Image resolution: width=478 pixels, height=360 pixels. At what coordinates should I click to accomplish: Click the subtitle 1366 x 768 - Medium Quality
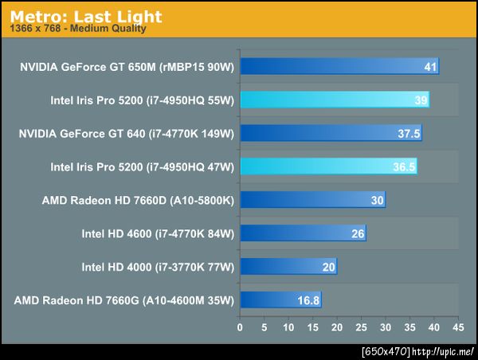pyautogui.click(x=77, y=30)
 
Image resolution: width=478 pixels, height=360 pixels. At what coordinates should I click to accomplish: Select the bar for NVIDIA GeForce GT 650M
pyautogui.click(x=339, y=66)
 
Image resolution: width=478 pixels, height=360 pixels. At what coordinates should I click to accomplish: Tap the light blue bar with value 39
pyautogui.click(x=335, y=100)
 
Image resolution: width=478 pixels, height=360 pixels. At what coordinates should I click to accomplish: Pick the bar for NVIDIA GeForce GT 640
pyautogui.click(x=331, y=133)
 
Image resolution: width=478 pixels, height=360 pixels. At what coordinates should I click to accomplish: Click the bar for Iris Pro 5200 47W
pyautogui.click(x=328, y=166)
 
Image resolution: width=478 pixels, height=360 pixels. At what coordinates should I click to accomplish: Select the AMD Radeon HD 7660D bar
pyautogui.click(x=312, y=200)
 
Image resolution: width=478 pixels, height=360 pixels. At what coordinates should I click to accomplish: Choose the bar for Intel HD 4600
pyautogui.click(x=303, y=233)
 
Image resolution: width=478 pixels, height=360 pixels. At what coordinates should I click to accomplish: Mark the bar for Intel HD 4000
pyautogui.click(x=288, y=267)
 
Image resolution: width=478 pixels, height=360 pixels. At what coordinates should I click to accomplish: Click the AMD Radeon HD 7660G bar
pyautogui.click(x=280, y=300)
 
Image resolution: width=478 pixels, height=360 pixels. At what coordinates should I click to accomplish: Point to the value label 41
pyautogui.click(x=430, y=67)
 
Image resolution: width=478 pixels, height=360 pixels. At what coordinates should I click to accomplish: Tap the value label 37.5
pyautogui.click(x=409, y=134)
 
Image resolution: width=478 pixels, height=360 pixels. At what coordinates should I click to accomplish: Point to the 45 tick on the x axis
pyautogui.click(x=456, y=327)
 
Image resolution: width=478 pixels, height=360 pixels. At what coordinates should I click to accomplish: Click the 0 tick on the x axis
pyautogui.click(x=240, y=327)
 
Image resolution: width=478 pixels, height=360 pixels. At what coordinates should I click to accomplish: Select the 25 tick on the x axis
pyautogui.click(x=360, y=327)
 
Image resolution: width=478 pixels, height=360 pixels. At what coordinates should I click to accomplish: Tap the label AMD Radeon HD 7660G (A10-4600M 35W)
pyautogui.click(x=123, y=300)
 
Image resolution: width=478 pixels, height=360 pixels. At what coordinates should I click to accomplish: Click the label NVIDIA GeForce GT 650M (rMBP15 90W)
pyautogui.click(x=127, y=66)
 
